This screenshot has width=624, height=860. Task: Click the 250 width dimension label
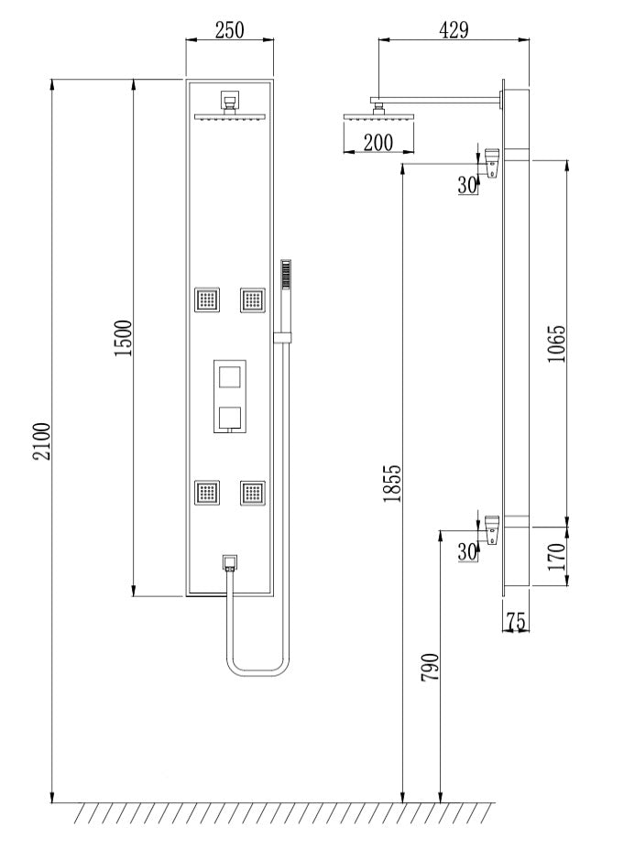[229, 30]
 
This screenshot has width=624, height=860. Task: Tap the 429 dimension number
[454, 30]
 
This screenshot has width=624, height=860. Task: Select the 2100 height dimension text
[41, 441]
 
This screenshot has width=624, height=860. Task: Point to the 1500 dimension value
[123, 338]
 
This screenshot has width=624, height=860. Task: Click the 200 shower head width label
[378, 143]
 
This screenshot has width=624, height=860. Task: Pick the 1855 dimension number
[392, 484]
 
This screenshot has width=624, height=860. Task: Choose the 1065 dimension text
[556, 343]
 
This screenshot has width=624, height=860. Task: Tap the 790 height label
[430, 667]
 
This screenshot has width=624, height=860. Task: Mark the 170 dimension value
[556, 557]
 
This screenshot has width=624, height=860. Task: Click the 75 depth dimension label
[516, 621]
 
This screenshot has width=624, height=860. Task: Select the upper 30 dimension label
[467, 185]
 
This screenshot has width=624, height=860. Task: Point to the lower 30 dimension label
[467, 551]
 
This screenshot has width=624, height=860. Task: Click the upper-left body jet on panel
[207, 299]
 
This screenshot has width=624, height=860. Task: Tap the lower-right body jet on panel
[253, 493]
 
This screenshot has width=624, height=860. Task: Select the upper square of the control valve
[229, 378]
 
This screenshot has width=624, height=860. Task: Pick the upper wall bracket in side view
[492, 163]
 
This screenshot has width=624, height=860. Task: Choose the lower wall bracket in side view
[492, 529]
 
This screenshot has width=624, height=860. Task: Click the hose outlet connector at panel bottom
[229, 563]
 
